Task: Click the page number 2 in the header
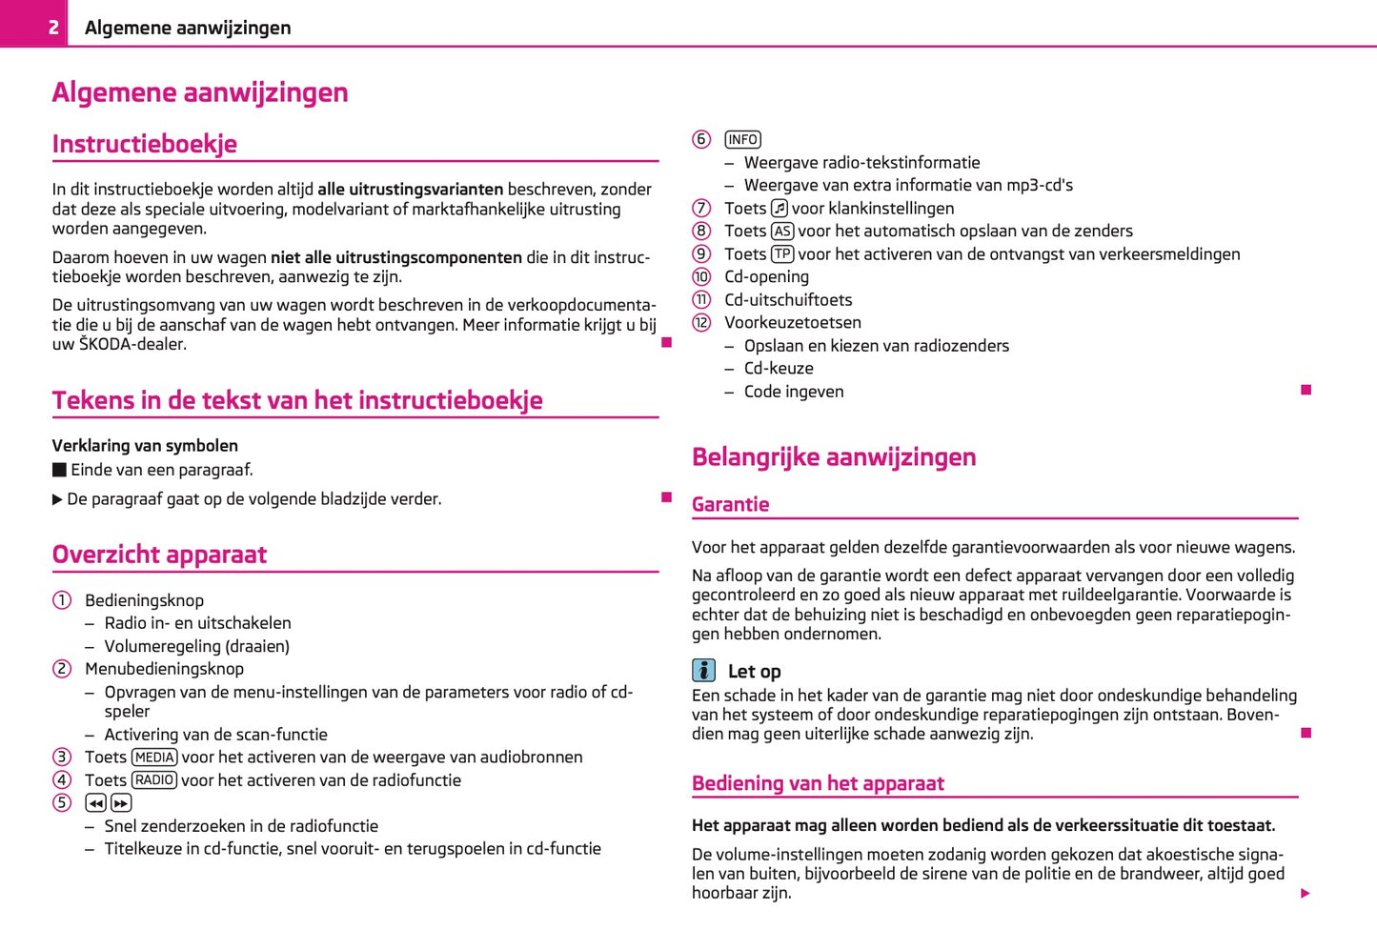(x=53, y=28)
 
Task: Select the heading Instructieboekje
(x=144, y=144)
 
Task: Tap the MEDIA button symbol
(x=154, y=758)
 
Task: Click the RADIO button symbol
(x=154, y=780)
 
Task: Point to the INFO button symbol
(x=742, y=140)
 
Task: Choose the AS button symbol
(x=782, y=232)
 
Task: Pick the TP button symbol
(x=782, y=254)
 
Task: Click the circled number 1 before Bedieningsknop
(x=62, y=600)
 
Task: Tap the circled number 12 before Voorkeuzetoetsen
(x=701, y=323)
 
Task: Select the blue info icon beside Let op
(x=703, y=671)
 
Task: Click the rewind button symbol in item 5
(x=95, y=803)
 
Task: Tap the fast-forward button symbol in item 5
(x=121, y=803)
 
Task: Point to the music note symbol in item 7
(x=780, y=209)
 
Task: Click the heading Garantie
(x=730, y=505)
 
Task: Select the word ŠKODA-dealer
(x=132, y=345)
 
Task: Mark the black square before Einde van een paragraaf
(x=59, y=470)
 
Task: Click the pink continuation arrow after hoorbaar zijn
(x=1306, y=894)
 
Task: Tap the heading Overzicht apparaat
(x=159, y=555)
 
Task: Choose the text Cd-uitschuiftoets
(x=788, y=300)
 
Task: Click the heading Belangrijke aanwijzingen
(x=834, y=457)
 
